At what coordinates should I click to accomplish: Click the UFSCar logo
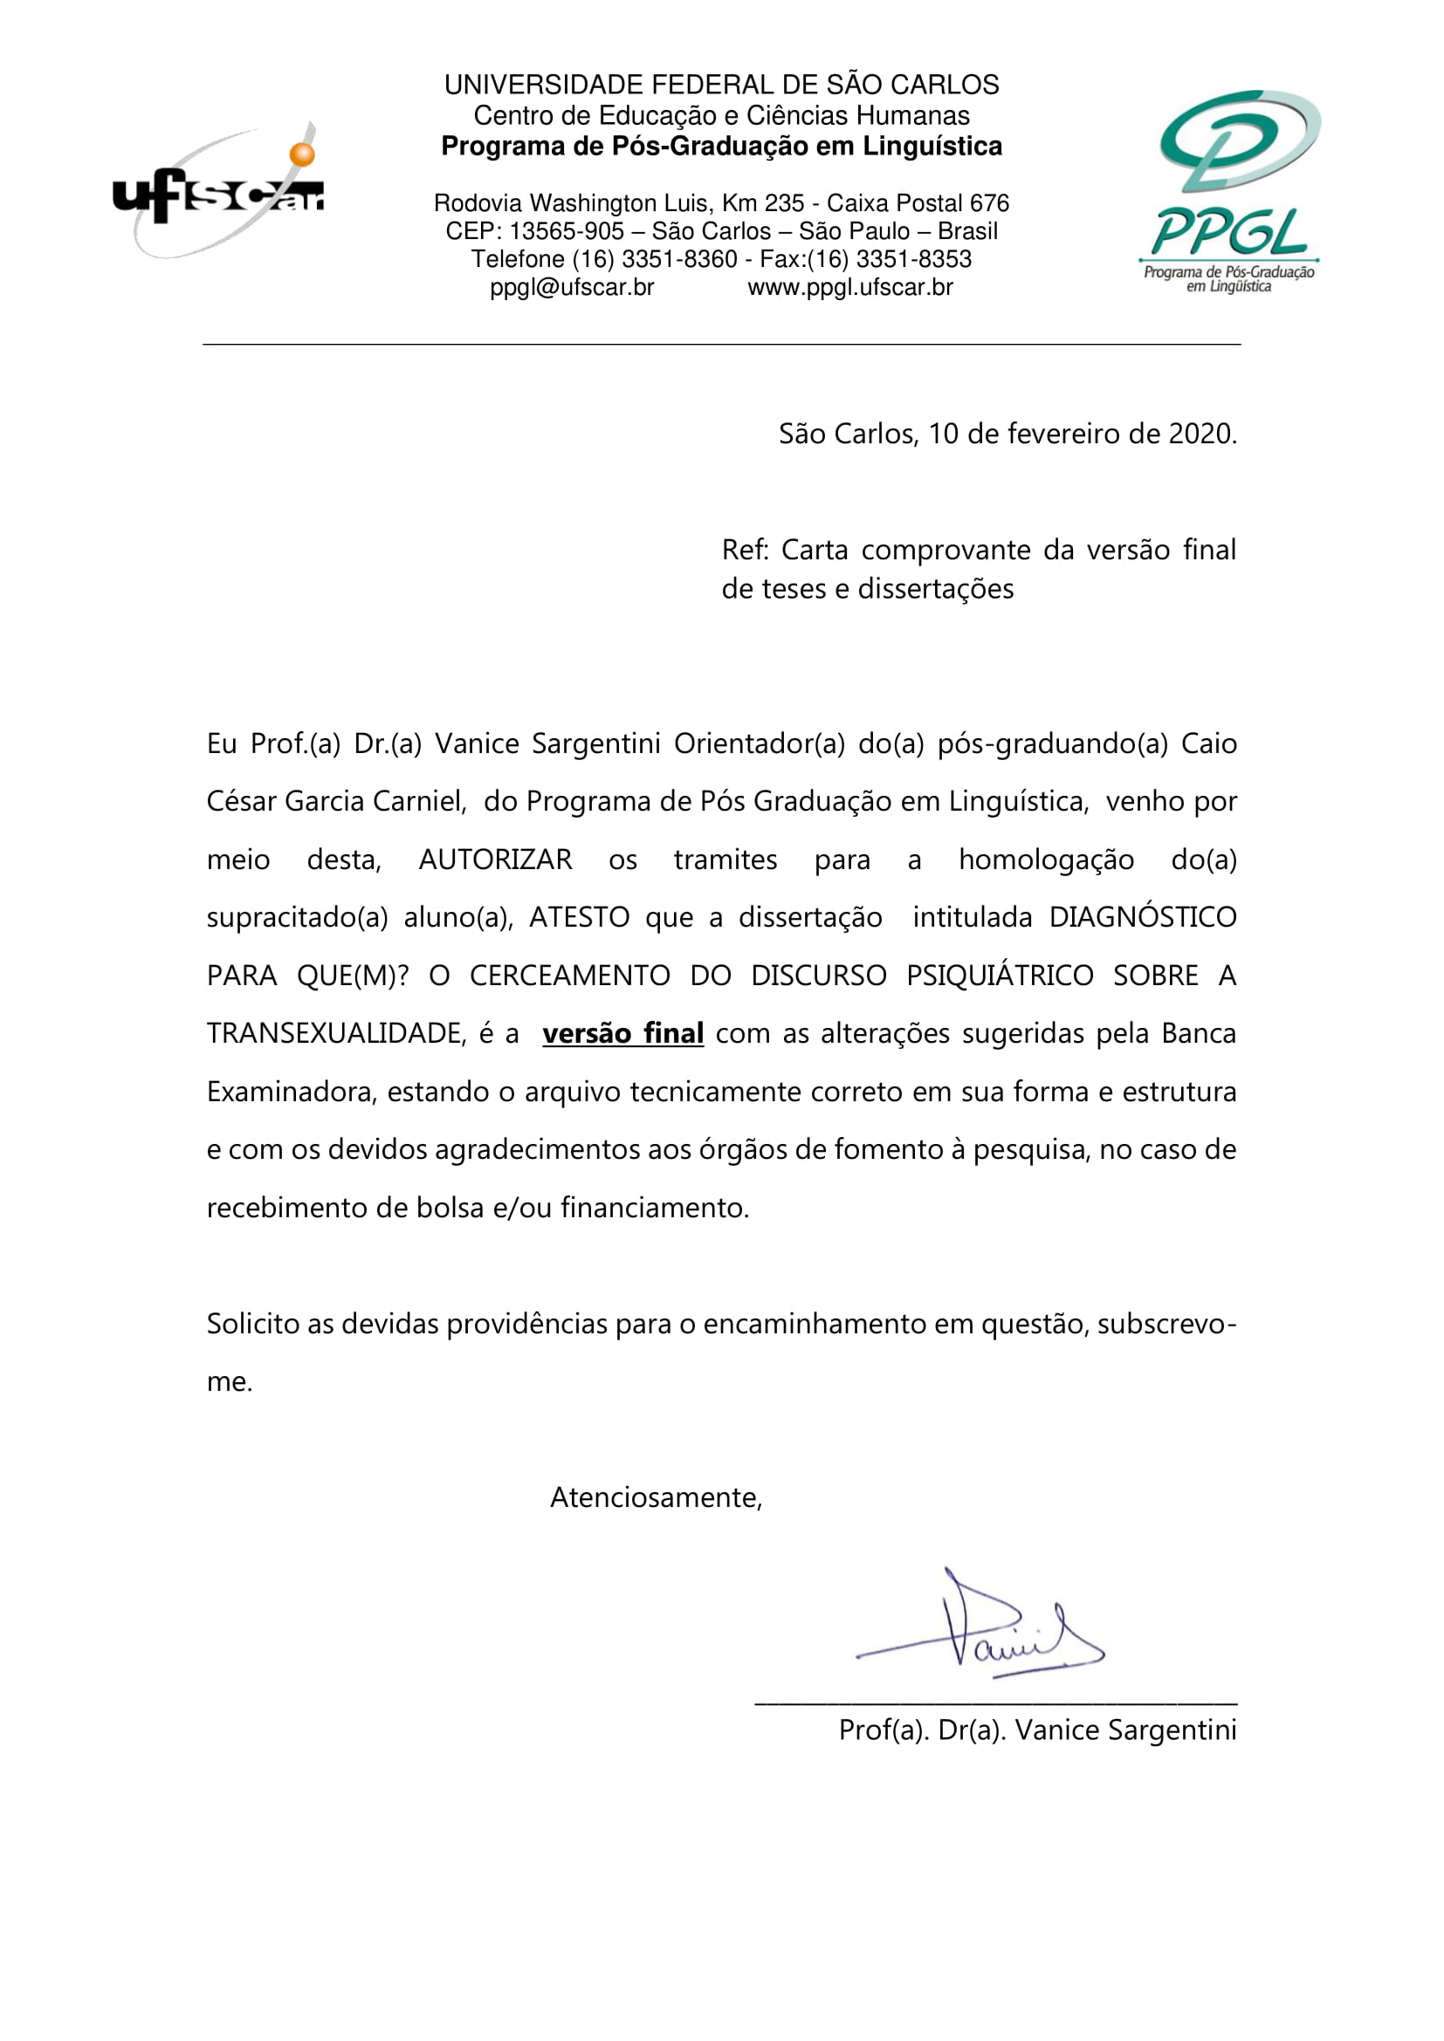click(218, 191)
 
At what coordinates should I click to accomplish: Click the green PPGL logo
click(1230, 190)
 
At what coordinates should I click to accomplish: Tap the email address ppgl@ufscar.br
click(572, 287)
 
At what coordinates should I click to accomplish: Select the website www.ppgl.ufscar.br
click(850, 287)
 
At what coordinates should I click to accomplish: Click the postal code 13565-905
click(567, 231)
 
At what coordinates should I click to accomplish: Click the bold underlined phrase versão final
click(622, 1033)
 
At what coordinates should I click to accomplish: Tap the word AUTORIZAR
click(495, 860)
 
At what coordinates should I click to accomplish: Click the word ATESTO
click(579, 917)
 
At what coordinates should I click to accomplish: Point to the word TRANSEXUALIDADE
click(335, 1033)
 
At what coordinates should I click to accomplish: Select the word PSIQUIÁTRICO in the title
click(1000, 976)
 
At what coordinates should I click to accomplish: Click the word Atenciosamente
click(656, 1497)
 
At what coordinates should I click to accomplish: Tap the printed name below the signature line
click(1037, 1729)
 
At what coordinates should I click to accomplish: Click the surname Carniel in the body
click(418, 802)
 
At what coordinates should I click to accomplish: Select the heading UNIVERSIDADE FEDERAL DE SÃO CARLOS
click(721, 86)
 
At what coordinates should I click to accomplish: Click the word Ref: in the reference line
click(744, 551)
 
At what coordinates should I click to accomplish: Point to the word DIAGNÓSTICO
click(1143, 917)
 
